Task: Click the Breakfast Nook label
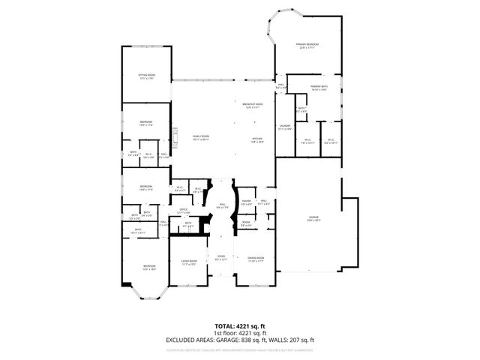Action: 253,105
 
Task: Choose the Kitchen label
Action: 256,140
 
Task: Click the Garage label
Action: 313,219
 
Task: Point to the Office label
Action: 183,211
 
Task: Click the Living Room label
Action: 188,263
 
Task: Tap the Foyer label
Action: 221,259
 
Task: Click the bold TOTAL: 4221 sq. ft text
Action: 240,325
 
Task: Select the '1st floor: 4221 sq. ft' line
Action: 240,332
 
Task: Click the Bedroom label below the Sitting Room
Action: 145,124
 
